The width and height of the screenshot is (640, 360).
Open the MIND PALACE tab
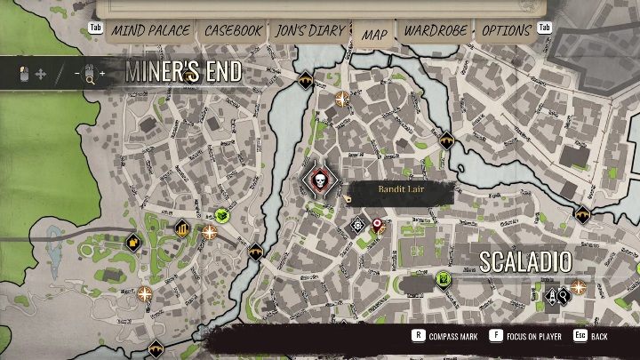[x=150, y=30]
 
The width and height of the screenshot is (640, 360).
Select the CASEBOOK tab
[x=234, y=30]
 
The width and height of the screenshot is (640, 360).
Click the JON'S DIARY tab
[x=310, y=30]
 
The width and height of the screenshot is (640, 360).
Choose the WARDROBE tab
[x=436, y=30]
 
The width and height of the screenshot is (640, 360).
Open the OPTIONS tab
[x=507, y=30]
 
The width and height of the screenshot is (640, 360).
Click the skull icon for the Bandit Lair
[x=319, y=182]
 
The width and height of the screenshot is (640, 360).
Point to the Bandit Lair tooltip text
[x=401, y=189]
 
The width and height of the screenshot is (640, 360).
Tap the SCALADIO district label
[x=525, y=260]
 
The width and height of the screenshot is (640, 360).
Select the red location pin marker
[x=377, y=224]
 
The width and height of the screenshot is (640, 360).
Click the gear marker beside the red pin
[x=358, y=224]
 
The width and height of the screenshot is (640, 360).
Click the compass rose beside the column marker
[x=210, y=232]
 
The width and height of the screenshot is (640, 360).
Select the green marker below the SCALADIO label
[x=442, y=281]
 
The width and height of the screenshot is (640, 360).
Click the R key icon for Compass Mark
[x=417, y=336]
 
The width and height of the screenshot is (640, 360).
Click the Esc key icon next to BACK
[x=579, y=336]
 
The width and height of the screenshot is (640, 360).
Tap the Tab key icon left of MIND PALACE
[x=96, y=28]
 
